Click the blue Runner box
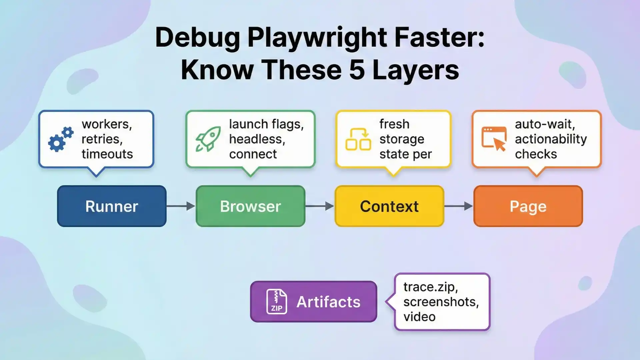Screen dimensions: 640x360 pos(112,206)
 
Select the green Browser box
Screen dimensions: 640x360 pos(250,206)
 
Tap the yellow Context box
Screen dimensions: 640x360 pos(389,206)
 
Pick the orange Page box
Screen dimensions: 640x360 pos(528,206)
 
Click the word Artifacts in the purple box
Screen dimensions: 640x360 pos(328,302)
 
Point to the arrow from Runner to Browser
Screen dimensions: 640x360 pos(181,206)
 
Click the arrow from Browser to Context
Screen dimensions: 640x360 pos(320,206)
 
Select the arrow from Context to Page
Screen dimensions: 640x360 pos(459,206)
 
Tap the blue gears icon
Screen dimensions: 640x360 pos(61,139)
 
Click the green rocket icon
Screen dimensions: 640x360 pos(208,139)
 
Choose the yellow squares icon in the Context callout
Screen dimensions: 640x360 pos(358,139)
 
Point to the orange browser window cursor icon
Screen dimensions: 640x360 pos(494,139)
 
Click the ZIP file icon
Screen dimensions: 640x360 pos(277,302)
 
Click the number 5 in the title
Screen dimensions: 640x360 pos(357,70)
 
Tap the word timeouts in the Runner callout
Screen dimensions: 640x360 pos(107,154)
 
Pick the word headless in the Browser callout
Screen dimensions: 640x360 pos(257,139)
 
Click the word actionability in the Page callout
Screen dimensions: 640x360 pos(551,139)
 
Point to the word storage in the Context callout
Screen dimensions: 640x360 pos(402,139)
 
